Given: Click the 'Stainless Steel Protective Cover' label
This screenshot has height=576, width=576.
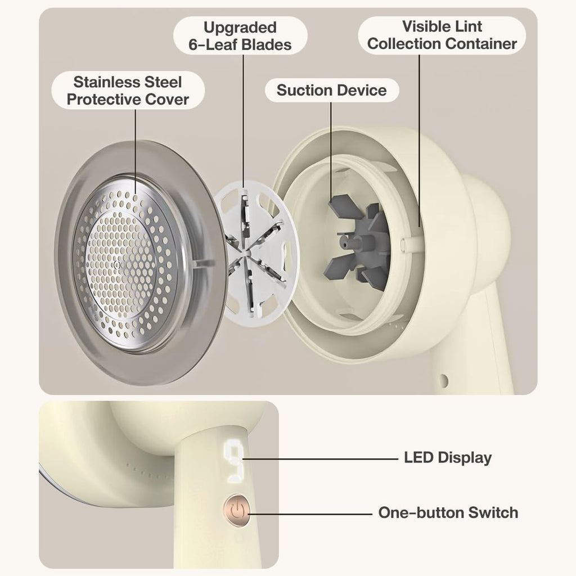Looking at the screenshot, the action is (128, 91).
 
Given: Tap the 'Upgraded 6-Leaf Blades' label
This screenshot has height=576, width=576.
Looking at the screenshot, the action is (240, 36).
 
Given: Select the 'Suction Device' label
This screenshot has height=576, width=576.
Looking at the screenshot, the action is (332, 91).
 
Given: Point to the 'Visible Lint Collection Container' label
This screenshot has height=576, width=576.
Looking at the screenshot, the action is (442, 35).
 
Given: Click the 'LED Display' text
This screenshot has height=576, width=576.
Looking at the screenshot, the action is (448, 458).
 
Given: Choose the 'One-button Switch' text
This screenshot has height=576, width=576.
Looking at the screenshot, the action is (448, 512).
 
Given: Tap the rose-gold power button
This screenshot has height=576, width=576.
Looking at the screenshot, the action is (237, 511).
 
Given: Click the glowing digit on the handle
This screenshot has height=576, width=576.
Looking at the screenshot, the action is (233, 459).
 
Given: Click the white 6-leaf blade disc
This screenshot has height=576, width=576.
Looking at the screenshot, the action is (256, 249).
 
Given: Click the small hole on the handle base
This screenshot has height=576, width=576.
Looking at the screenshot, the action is (443, 381).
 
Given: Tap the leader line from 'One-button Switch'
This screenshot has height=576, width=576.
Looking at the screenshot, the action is (310, 514).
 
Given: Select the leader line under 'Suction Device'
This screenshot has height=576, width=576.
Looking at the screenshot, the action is (331, 151).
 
